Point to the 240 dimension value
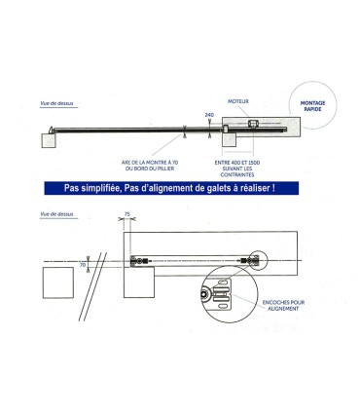pos(209,115)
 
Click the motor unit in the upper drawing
pos(251,125)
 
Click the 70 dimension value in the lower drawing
pos(83,264)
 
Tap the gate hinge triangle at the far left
pos(50,129)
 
